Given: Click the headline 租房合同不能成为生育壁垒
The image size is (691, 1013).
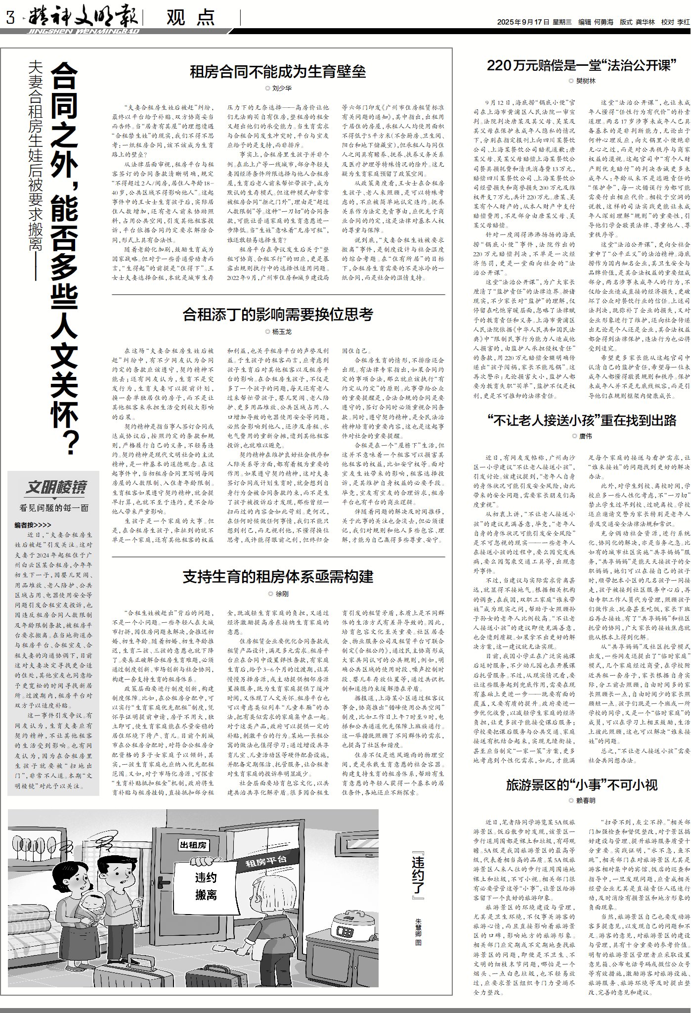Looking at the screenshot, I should pos(278,72).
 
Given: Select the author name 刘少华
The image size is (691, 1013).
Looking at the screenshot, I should pos(281,88).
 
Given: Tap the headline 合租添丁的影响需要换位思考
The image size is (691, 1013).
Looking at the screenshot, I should pos(278,314).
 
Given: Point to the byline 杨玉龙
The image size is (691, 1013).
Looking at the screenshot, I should pos(281,331).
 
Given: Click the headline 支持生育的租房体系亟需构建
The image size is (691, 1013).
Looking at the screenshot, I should pos(278,576).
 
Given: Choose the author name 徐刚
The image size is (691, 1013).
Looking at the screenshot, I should pos(281,593).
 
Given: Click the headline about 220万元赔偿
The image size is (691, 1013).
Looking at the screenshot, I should pos(582,65).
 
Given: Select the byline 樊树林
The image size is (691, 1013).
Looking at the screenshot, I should pos(585,81).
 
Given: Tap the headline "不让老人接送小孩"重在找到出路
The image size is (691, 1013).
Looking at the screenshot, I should pos(582,420).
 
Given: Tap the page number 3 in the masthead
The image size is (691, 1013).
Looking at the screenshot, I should pos(9,19).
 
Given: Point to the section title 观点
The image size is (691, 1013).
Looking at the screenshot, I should pos(190,18).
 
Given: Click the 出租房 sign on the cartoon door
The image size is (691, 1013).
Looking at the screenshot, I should pos(193,845).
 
